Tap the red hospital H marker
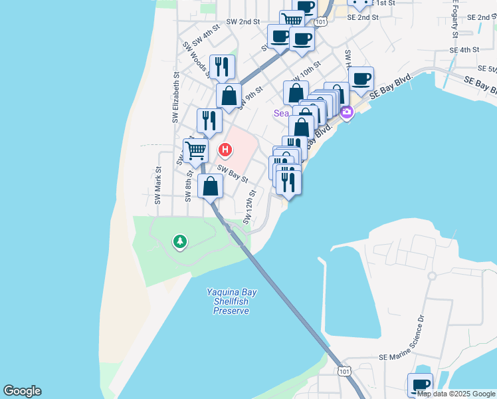[x=226, y=150]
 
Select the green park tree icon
[x=179, y=241]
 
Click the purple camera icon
[x=346, y=113]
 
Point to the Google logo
[x=22, y=391]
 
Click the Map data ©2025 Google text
[x=456, y=394]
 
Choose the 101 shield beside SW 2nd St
[x=322, y=22]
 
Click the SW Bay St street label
[x=233, y=175]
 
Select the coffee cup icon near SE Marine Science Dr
[x=420, y=384]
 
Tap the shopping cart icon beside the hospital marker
[x=195, y=150]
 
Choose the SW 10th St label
[x=306, y=69]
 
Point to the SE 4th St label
[x=464, y=50]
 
